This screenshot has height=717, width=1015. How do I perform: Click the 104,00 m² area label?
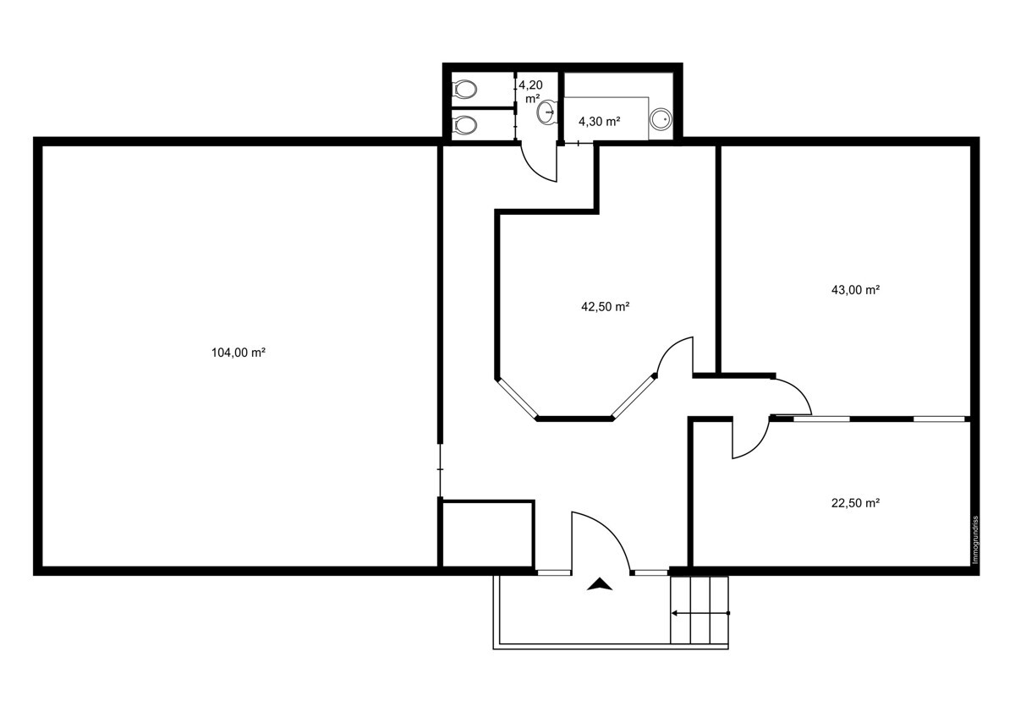(x=239, y=353)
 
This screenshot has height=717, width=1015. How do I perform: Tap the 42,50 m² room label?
(x=605, y=307)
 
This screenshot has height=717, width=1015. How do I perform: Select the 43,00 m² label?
(x=856, y=290)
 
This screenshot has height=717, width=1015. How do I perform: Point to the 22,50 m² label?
(x=856, y=502)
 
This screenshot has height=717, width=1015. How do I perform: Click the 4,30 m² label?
(x=600, y=122)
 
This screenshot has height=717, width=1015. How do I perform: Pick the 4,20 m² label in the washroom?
(x=530, y=91)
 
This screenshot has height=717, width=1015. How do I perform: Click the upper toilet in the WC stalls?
(x=465, y=89)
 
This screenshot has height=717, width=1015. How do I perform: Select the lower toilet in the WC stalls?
(x=465, y=125)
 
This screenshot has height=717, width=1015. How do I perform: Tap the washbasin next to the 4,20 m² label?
(x=547, y=111)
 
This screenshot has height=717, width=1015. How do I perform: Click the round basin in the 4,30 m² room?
(x=661, y=119)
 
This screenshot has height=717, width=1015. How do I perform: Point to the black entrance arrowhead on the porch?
(x=601, y=584)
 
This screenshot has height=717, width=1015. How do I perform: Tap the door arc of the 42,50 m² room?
(x=676, y=355)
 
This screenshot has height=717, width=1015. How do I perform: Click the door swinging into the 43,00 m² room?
(x=793, y=396)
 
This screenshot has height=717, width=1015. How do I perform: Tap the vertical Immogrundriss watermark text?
(x=974, y=539)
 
